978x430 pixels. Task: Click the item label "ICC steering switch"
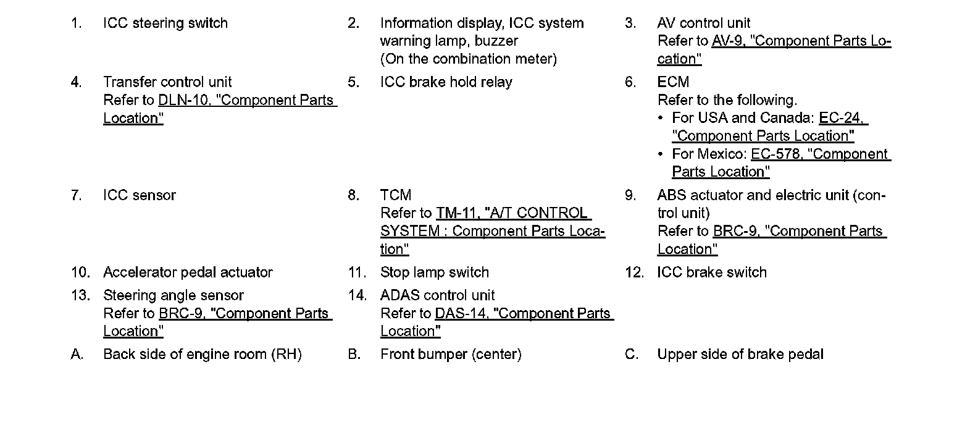(x=165, y=23)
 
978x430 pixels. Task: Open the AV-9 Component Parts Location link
(x=801, y=41)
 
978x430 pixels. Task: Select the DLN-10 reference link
(x=247, y=100)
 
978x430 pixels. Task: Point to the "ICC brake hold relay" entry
(x=446, y=82)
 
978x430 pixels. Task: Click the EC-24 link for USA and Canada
(x=843, y=118)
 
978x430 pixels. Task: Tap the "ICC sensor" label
(x=139, y=195)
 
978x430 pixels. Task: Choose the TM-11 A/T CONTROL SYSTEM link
(x=513, y=213)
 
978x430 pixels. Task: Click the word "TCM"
(x=395, y=195)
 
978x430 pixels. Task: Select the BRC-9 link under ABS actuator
(x=799, y=231)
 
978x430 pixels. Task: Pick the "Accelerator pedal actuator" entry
(x=188, y=272)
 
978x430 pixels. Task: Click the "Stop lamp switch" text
(x=434, y=272)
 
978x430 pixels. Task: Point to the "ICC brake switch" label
(x=711, y=272)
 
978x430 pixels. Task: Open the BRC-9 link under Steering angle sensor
(x=244, y=313)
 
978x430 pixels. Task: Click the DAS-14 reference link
(x=524, y=313)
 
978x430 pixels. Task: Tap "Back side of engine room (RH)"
(x=202, y=355)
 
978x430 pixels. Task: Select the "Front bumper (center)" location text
(x=451, y=355)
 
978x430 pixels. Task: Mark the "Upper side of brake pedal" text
(x=740, y=355)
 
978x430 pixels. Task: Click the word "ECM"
(x=672, y=82)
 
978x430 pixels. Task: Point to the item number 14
(x=357, y=295)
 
